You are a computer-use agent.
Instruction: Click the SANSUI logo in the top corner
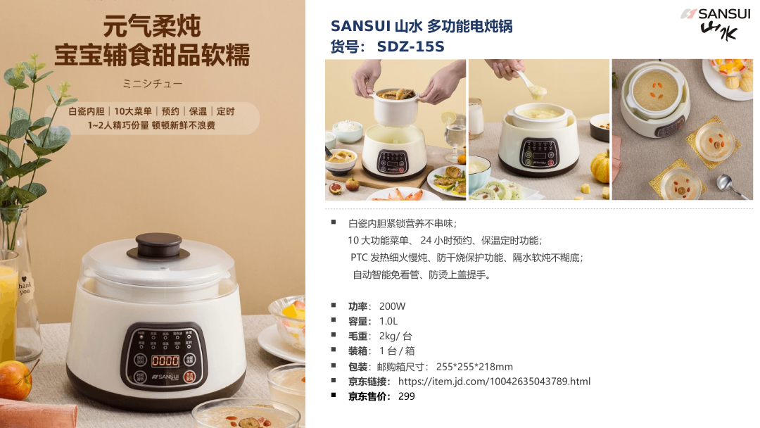pos(716,24)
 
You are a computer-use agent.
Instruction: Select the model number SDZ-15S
pos(410,46)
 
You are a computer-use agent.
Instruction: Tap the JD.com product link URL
pos(495,382)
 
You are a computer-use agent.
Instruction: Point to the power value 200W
pos(392,306)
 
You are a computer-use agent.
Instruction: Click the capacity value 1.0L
pos(388,322)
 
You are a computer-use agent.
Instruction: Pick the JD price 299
pos(406,396)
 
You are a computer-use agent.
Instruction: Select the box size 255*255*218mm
pos(474,367)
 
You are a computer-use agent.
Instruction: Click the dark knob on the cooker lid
pos(158,246)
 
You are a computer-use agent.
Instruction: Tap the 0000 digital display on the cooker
pos(165,361)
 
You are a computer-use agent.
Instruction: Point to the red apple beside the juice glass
pos(15,380)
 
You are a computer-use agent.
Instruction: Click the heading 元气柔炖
pos(152,25)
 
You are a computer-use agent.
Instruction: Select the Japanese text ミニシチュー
pos(152,84)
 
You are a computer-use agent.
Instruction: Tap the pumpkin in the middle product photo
pos(600,168)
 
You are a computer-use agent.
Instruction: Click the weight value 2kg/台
pos(395,336)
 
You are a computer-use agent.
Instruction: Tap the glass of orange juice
pos(8,306)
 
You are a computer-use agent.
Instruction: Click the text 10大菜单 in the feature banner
pos(133,111)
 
